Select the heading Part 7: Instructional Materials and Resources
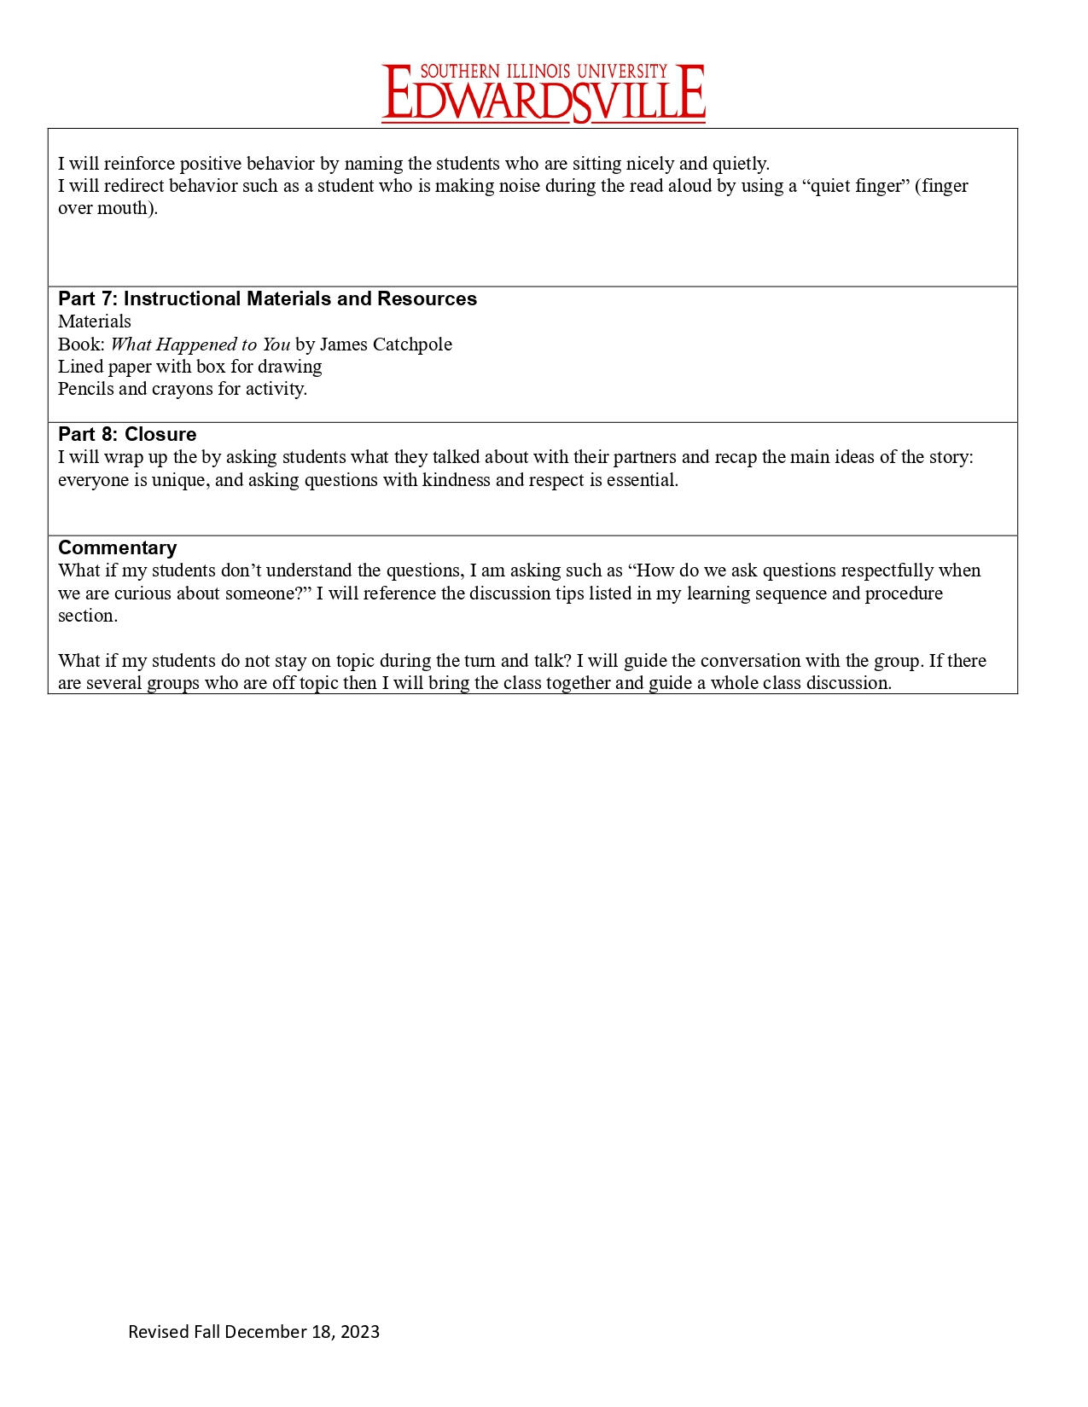(267, 299)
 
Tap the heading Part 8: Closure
(127, 435)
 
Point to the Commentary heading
(117, 548)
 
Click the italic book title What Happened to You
(200, 345)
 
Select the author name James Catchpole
(386, 345)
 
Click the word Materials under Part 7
(95, 321)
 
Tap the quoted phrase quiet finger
(856, 186)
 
